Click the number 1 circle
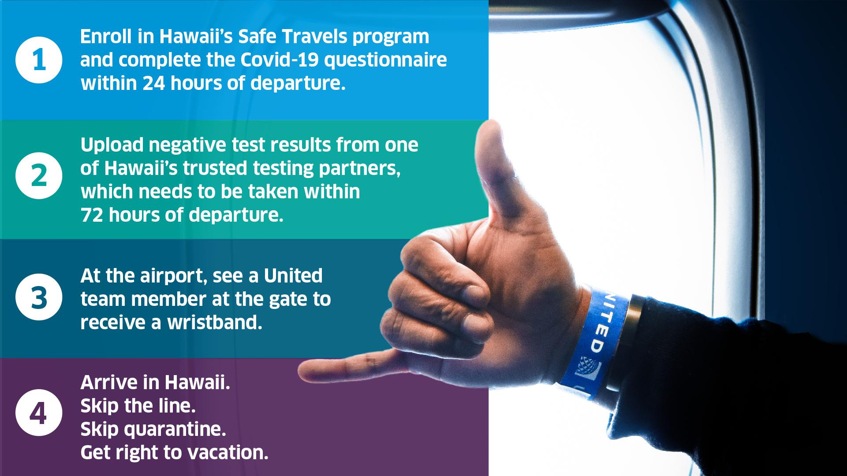pyautogui.click(x=39, y=60)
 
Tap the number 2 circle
pyautogui.click(x=39, y=175)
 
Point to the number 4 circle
pyautogui.click(x=39, y=413)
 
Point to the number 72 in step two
pyautogui.click(x=92, y=215)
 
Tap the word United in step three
pyautogui.click(x=293, y=275)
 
